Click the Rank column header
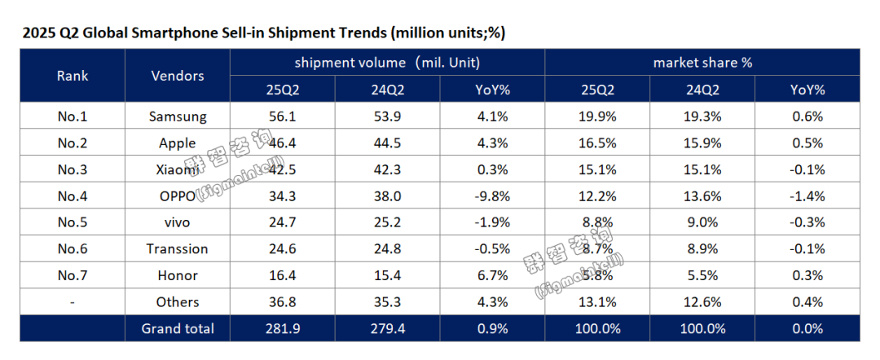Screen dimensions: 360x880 point(73,76)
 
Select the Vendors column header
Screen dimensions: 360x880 point(178,76)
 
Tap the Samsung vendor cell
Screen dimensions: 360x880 point(177,116)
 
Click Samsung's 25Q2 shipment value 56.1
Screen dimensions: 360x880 point(282,116)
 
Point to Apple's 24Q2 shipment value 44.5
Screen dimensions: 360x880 point(387,143)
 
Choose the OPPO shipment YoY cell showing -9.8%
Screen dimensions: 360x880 point(492,195)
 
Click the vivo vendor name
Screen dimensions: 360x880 point(177,222)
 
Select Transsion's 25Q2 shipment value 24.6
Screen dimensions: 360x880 point(282,248)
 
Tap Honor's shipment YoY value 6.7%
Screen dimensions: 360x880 point(492,275)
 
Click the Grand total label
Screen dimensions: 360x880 point(178,328)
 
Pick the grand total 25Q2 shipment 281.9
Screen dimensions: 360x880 point(282,328)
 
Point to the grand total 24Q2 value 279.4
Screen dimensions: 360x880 point(387,328)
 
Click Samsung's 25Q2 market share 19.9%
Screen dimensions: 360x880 point(597,116)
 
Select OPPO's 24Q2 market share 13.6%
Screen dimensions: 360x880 point(702,195)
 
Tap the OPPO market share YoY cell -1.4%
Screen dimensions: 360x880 point(807,195)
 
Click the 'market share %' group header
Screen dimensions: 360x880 point(702,62)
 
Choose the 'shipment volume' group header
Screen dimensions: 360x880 point(387,62)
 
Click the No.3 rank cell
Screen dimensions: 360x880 point(73,169)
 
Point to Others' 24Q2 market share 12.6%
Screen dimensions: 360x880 point(702,302)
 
